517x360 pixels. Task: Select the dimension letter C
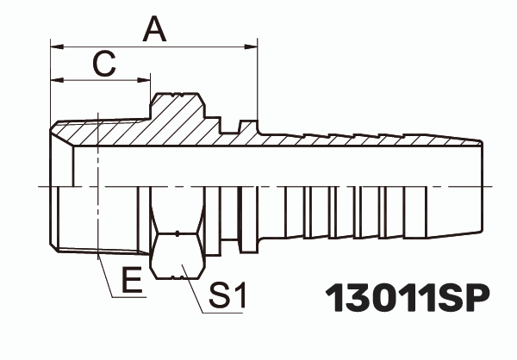103,64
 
